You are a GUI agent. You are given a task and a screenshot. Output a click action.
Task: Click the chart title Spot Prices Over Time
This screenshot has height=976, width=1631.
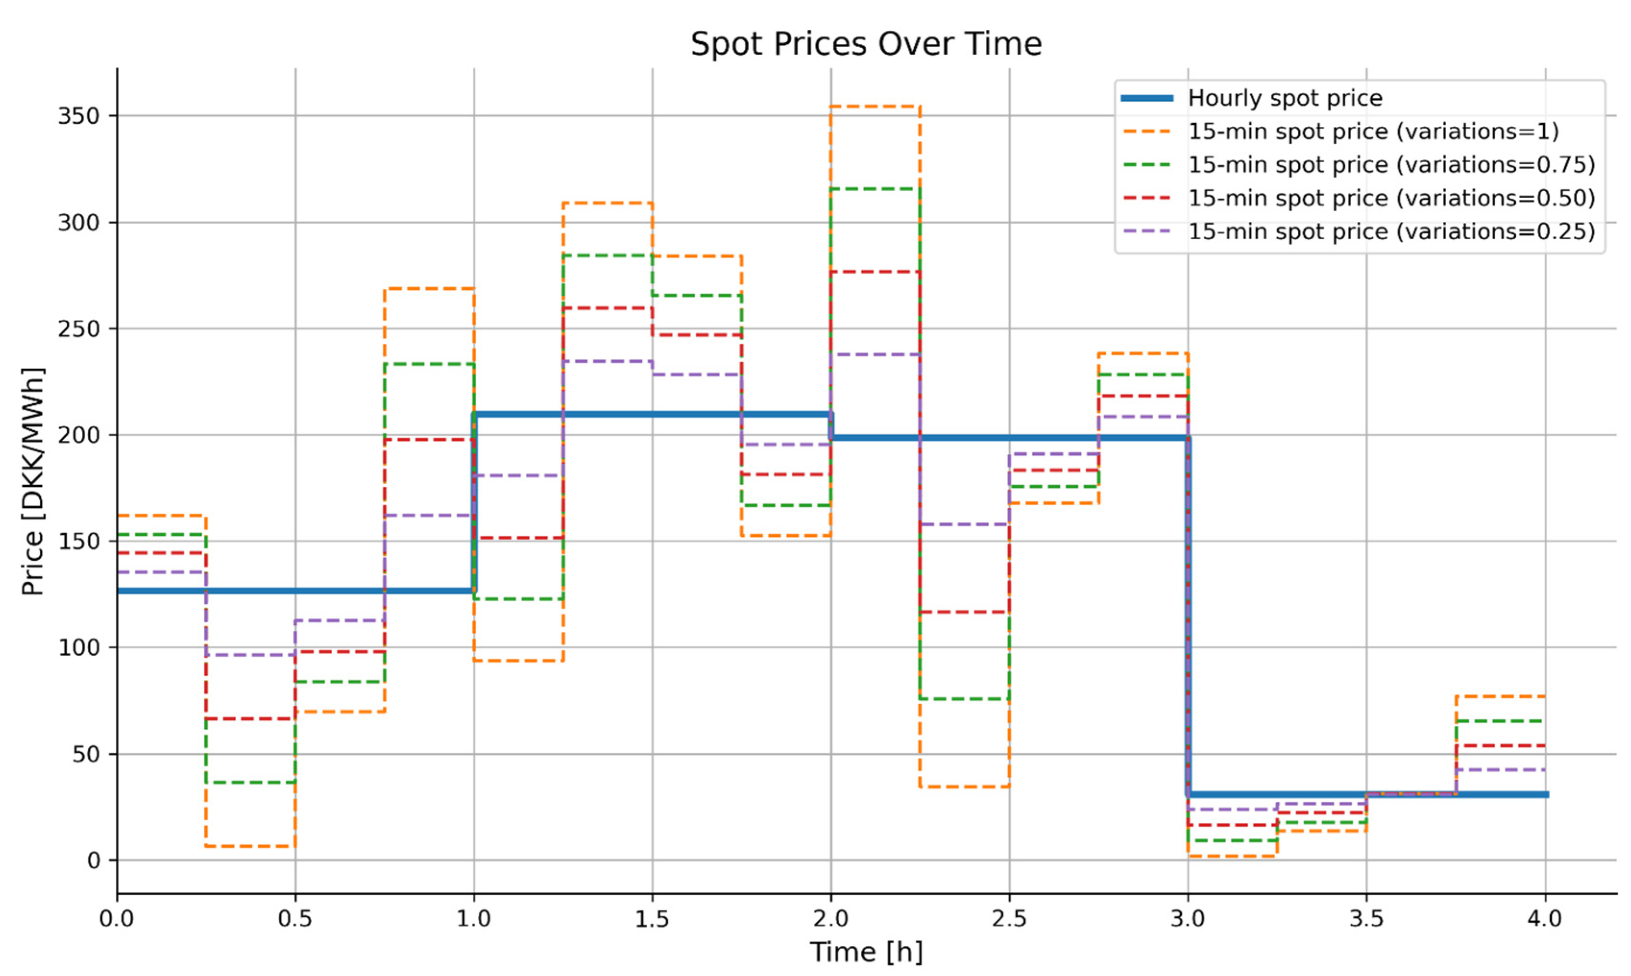866,45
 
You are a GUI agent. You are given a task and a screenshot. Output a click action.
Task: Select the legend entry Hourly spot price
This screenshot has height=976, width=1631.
1284,98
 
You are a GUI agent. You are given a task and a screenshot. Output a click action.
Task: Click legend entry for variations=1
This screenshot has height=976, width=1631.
1373,132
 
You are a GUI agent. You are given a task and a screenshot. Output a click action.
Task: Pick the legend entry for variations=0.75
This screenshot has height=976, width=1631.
1391,165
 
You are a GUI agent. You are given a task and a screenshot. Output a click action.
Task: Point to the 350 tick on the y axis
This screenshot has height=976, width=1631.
78,116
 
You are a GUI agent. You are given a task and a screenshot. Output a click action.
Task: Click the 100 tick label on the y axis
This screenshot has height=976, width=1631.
78,648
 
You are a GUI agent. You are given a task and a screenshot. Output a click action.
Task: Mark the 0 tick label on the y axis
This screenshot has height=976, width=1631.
94,861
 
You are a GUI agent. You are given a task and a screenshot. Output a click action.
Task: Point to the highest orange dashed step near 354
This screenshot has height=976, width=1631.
875,107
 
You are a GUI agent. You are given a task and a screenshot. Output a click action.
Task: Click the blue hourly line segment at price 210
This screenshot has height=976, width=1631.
651,414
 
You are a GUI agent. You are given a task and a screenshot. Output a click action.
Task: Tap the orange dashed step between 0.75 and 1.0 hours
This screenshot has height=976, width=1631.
429,289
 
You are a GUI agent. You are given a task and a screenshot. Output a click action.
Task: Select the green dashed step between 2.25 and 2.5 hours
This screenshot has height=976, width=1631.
964,699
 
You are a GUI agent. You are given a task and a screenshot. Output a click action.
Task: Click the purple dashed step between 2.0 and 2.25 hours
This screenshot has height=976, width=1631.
875,354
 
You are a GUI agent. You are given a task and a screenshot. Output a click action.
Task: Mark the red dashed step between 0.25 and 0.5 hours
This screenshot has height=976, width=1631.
250,719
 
